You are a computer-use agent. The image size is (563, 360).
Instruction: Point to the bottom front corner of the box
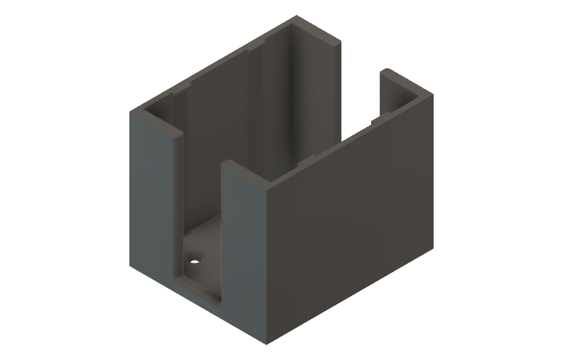tap(266, 344)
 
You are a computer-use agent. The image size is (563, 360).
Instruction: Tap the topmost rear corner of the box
tap(296, 16)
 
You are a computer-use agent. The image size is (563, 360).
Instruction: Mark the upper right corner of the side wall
tap(432, 92)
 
